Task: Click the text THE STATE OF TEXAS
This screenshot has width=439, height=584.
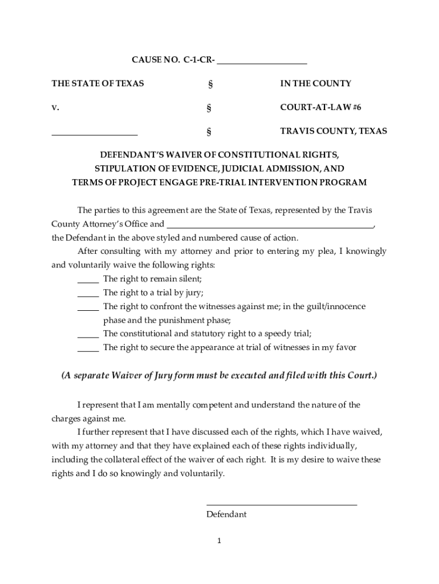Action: point(97,83)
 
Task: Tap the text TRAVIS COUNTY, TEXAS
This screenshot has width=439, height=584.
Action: point(334,131)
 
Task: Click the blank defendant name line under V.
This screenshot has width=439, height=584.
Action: point(95,133)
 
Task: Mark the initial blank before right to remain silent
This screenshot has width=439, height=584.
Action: point(88,281)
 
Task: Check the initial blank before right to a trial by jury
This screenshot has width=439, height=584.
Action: point(88,294)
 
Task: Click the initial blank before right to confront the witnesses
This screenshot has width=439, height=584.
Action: point(88,308)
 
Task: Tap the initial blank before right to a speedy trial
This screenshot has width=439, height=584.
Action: point(88,335)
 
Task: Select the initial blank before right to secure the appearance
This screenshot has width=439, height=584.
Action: point(88,349)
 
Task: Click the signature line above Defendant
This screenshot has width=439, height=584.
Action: point(281,504)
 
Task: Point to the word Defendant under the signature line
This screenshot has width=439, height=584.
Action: point(226,514)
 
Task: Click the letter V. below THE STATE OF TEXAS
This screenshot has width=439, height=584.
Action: point(55,107)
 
